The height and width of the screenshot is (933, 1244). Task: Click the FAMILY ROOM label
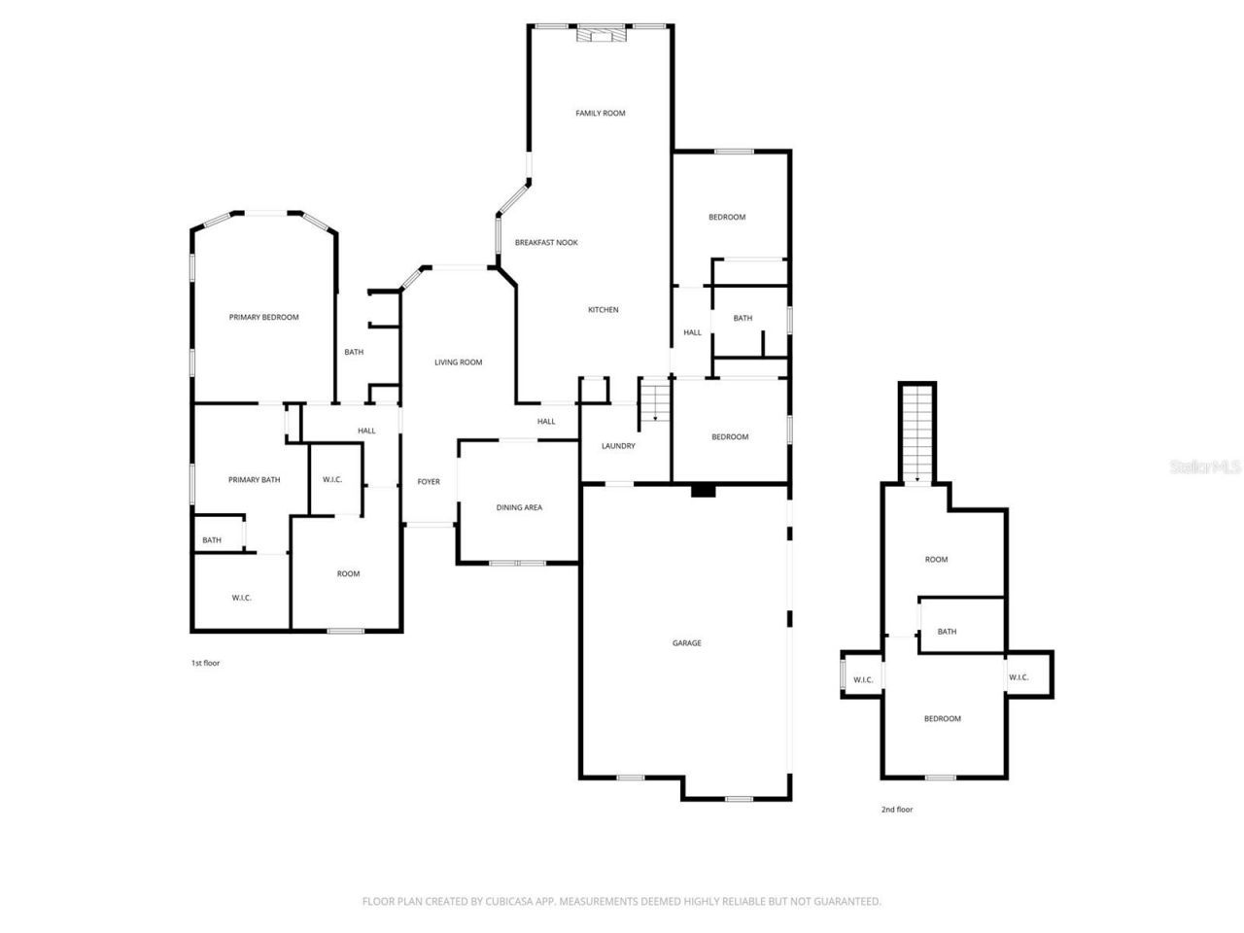(x=600, y=114)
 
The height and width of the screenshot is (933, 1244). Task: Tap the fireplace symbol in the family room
(x=600, y=36)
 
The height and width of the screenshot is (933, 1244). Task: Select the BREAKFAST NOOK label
(x=546, y=243)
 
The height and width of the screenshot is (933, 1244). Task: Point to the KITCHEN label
(x=603, y=310)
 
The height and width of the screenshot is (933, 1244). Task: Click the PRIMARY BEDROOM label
(x=263, y=318)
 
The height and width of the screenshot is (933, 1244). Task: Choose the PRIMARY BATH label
(x=254, y=480)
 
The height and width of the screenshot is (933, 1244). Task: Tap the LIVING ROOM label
(x=458, y=363)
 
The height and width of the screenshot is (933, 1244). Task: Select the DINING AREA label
(x=519, y=507)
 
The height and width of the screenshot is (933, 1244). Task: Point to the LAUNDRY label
(x=618, y=446)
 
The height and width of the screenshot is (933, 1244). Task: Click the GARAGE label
(x=686, y=643)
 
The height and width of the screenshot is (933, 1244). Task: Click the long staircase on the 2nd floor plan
(x=916, y=432)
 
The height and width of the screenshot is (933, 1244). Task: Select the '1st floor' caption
(x=205, y=663)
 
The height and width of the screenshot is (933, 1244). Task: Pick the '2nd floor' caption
(x=897, y=810)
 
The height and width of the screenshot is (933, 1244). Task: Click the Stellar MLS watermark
(x=1205, y=467)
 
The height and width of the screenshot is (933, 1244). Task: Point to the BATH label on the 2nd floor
(x=947, y=632)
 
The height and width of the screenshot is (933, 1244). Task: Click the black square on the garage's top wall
(x=703, y=491)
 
